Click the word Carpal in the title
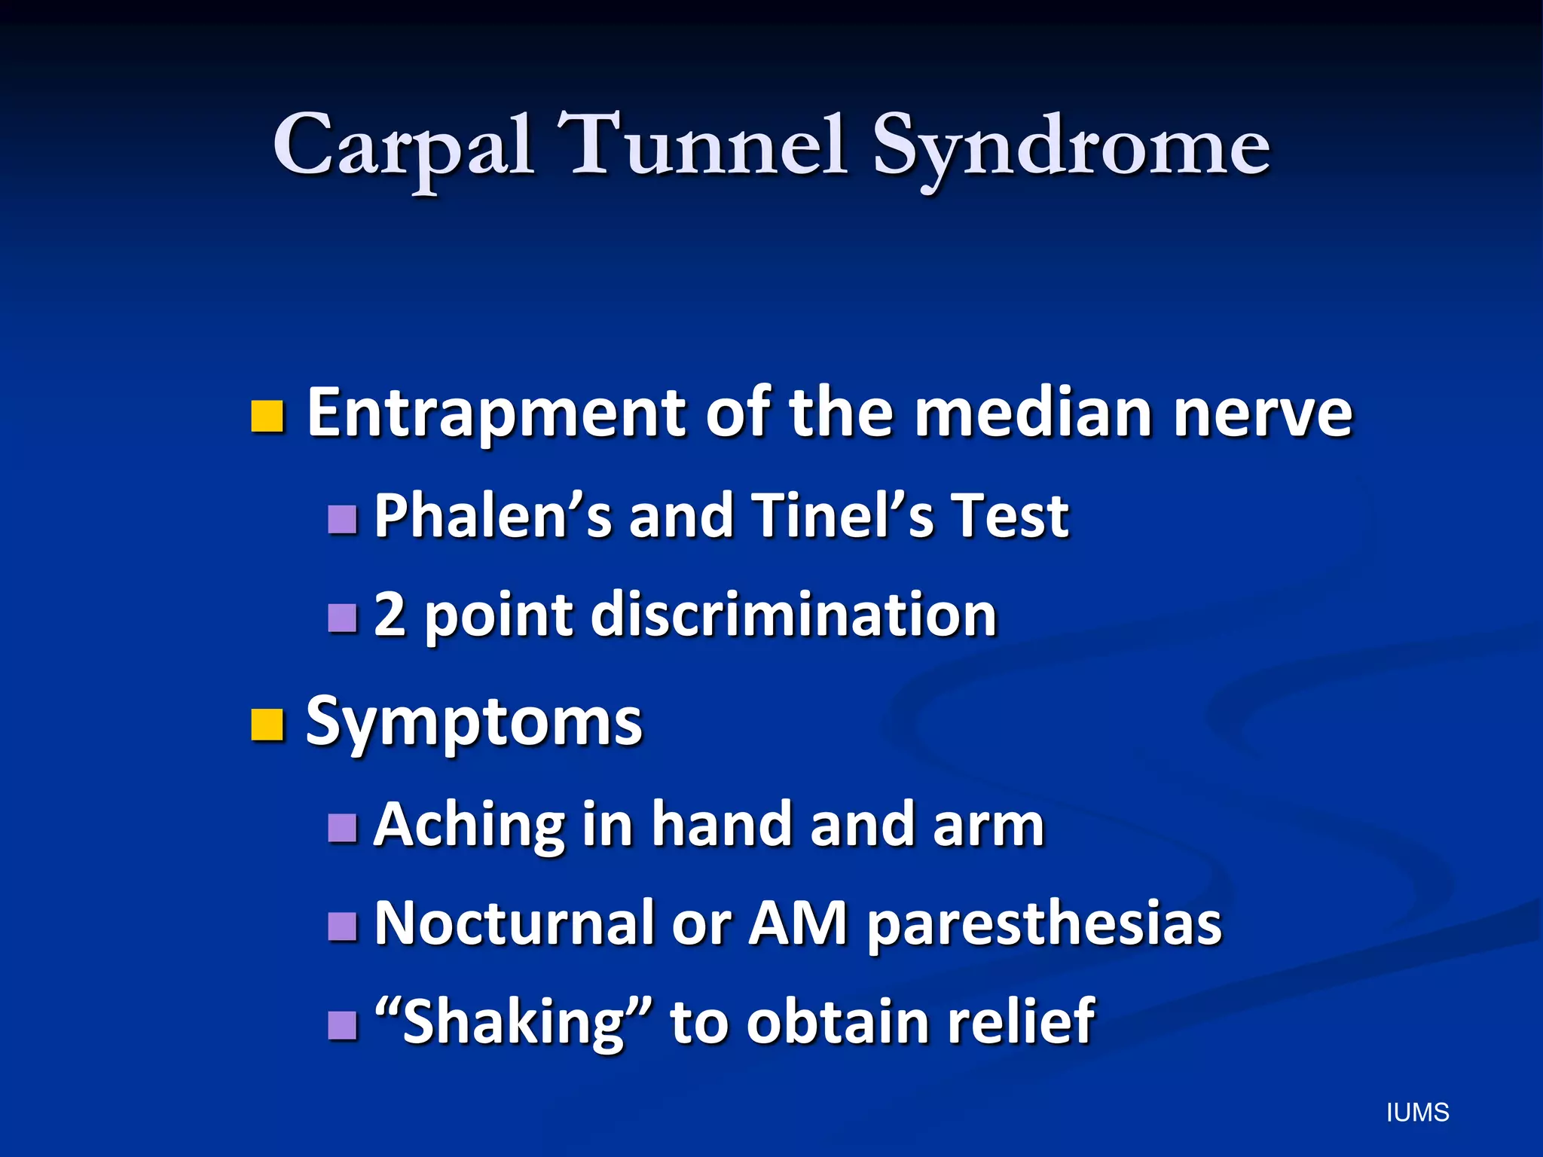[x=403, y=147]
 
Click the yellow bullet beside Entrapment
[x=267, y=417]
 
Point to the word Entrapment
[x=497, y=414]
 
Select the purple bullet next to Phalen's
[x=343, y=519]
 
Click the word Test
[x=1010, y=516]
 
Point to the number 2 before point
[x=390, y=614]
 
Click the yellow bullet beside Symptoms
[x=267, y=725]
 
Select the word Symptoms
[x=474, y=722]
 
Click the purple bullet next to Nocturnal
[x=343, y=927]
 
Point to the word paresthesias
[x=1043, y=924]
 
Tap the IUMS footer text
[x=1417, y=1113]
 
